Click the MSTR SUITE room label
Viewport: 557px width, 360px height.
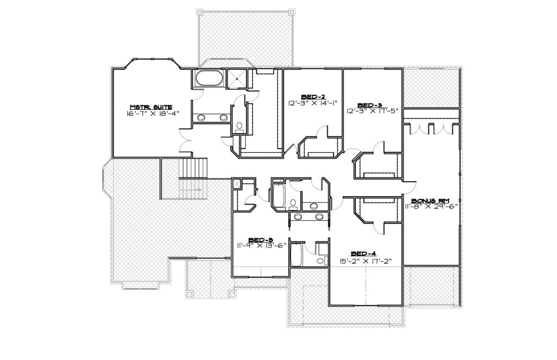(151, 107)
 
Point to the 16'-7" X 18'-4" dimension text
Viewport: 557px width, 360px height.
(152, 114)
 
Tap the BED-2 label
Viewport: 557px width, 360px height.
(313, 97)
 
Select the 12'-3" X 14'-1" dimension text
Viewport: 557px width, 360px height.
(313, 103)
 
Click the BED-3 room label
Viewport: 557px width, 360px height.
(369, 105)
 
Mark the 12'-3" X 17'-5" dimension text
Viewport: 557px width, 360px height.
(373, 111)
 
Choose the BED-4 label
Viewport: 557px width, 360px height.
(363, 253)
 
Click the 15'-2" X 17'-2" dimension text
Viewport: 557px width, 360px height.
(365, 260)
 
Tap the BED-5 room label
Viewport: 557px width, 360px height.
(261, 239)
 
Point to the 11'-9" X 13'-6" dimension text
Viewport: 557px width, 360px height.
(262, 245)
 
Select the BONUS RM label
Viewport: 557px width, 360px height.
(430, 201)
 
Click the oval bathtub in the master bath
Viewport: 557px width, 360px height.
(208, 78)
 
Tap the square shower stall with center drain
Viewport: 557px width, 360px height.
(236, 78)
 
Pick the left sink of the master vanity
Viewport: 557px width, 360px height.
(201, 118)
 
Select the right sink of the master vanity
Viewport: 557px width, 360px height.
(224, 118)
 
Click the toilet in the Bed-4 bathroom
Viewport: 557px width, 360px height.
(321, 260)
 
